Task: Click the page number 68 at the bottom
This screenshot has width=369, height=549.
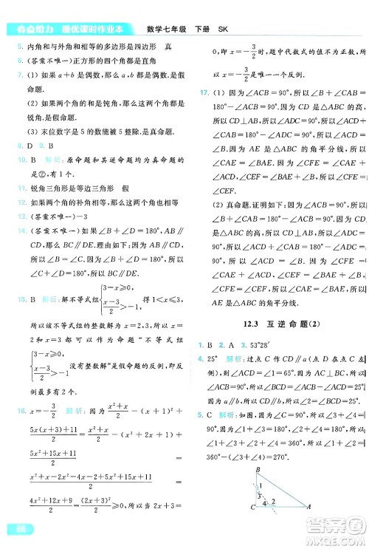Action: click(13, 528)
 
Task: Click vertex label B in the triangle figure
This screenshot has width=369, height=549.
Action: click(258, 468)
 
